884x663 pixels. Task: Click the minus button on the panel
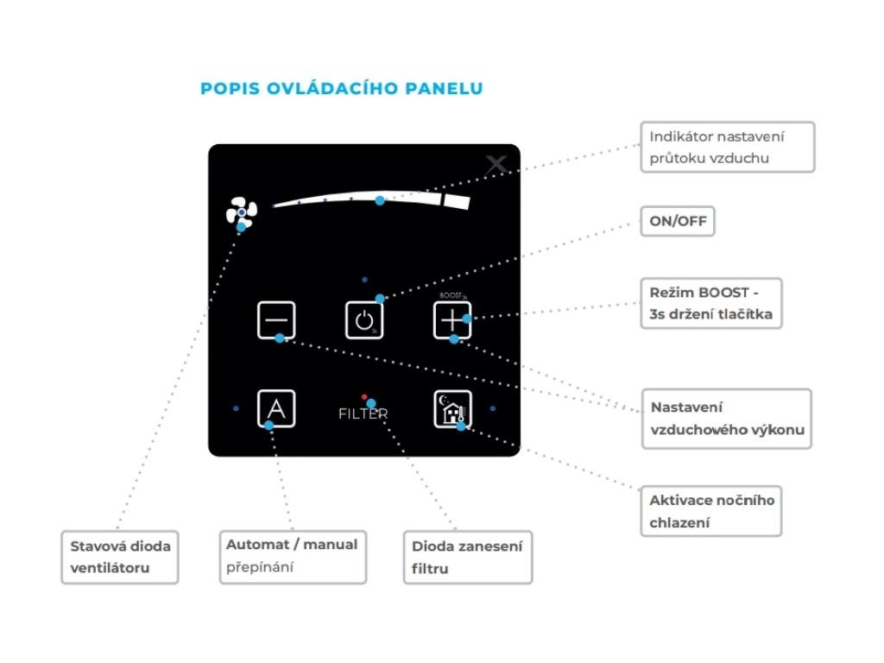coord(276,320)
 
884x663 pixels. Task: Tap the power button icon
coord(363,320)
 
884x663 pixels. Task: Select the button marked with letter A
coord(276,408)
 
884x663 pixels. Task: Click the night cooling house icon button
coord(452,408)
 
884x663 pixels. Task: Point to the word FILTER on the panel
coord(363,414)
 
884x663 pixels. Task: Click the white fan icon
coord(242,212)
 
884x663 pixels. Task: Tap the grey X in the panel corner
coord(496,165)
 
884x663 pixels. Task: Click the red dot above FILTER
coord(364,396)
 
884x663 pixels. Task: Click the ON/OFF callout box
coord(678,222)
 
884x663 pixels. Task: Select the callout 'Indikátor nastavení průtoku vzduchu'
coord(728,147)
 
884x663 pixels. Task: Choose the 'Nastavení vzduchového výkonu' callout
coord(726,419)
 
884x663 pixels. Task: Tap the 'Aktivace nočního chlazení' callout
coord(711,511)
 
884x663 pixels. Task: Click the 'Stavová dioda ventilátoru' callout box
coord(119,557)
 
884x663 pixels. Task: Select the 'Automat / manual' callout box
coord(292,557)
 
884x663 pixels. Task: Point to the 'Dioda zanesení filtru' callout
coord(467,558)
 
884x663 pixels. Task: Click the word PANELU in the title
coord(444,88)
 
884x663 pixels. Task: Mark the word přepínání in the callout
coord(261,567)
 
